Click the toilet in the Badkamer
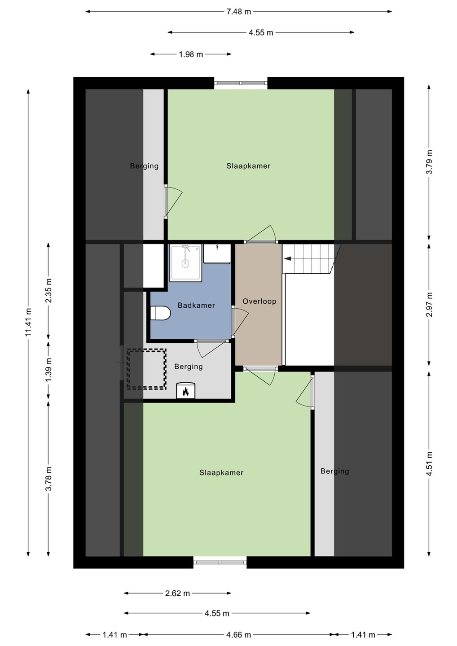click(160, 313)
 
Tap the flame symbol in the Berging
click(185, 391)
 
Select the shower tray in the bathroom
click(185, 262)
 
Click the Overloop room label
click(259, 301)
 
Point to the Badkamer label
click(196, 306)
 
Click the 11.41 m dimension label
click(28, 322)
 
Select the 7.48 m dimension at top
click(238, 12)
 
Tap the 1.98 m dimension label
click(191, 54)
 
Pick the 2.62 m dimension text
click(177, 593)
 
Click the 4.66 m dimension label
click(238, 635)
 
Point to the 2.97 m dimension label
click(429, 305)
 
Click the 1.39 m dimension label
click(48, 370)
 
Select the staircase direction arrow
click(287, 259)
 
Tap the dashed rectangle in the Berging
click(146, 369)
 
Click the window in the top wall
click(241, 83)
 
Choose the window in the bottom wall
click(220, 563)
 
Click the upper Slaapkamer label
click(248, 166)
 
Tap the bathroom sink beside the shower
click(217, 253)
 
